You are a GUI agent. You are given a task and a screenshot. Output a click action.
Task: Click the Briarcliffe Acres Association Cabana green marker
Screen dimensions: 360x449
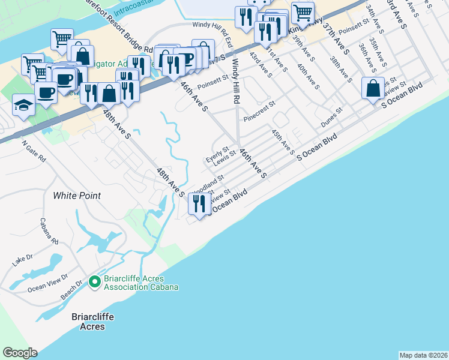(x=94, y=281)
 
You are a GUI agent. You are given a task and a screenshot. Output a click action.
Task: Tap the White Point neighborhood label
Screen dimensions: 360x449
(x=77, y=196)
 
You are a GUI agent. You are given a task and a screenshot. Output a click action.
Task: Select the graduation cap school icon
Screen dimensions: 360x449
(x=23, y=106)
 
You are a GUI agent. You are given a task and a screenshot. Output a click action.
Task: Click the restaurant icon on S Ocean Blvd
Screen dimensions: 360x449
(x=198, y=204)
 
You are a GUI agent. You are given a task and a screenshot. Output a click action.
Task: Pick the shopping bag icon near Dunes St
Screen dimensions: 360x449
(x=373, y=88)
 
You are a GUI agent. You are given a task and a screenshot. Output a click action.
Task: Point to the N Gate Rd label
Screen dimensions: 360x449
(x=34, y=152)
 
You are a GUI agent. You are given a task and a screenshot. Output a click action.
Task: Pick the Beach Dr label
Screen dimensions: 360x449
(x=71, y=292)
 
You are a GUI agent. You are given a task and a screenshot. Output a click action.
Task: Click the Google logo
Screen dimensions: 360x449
(x=20, y=352)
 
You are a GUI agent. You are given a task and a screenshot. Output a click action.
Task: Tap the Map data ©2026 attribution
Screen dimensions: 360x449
(x=423, y=355)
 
